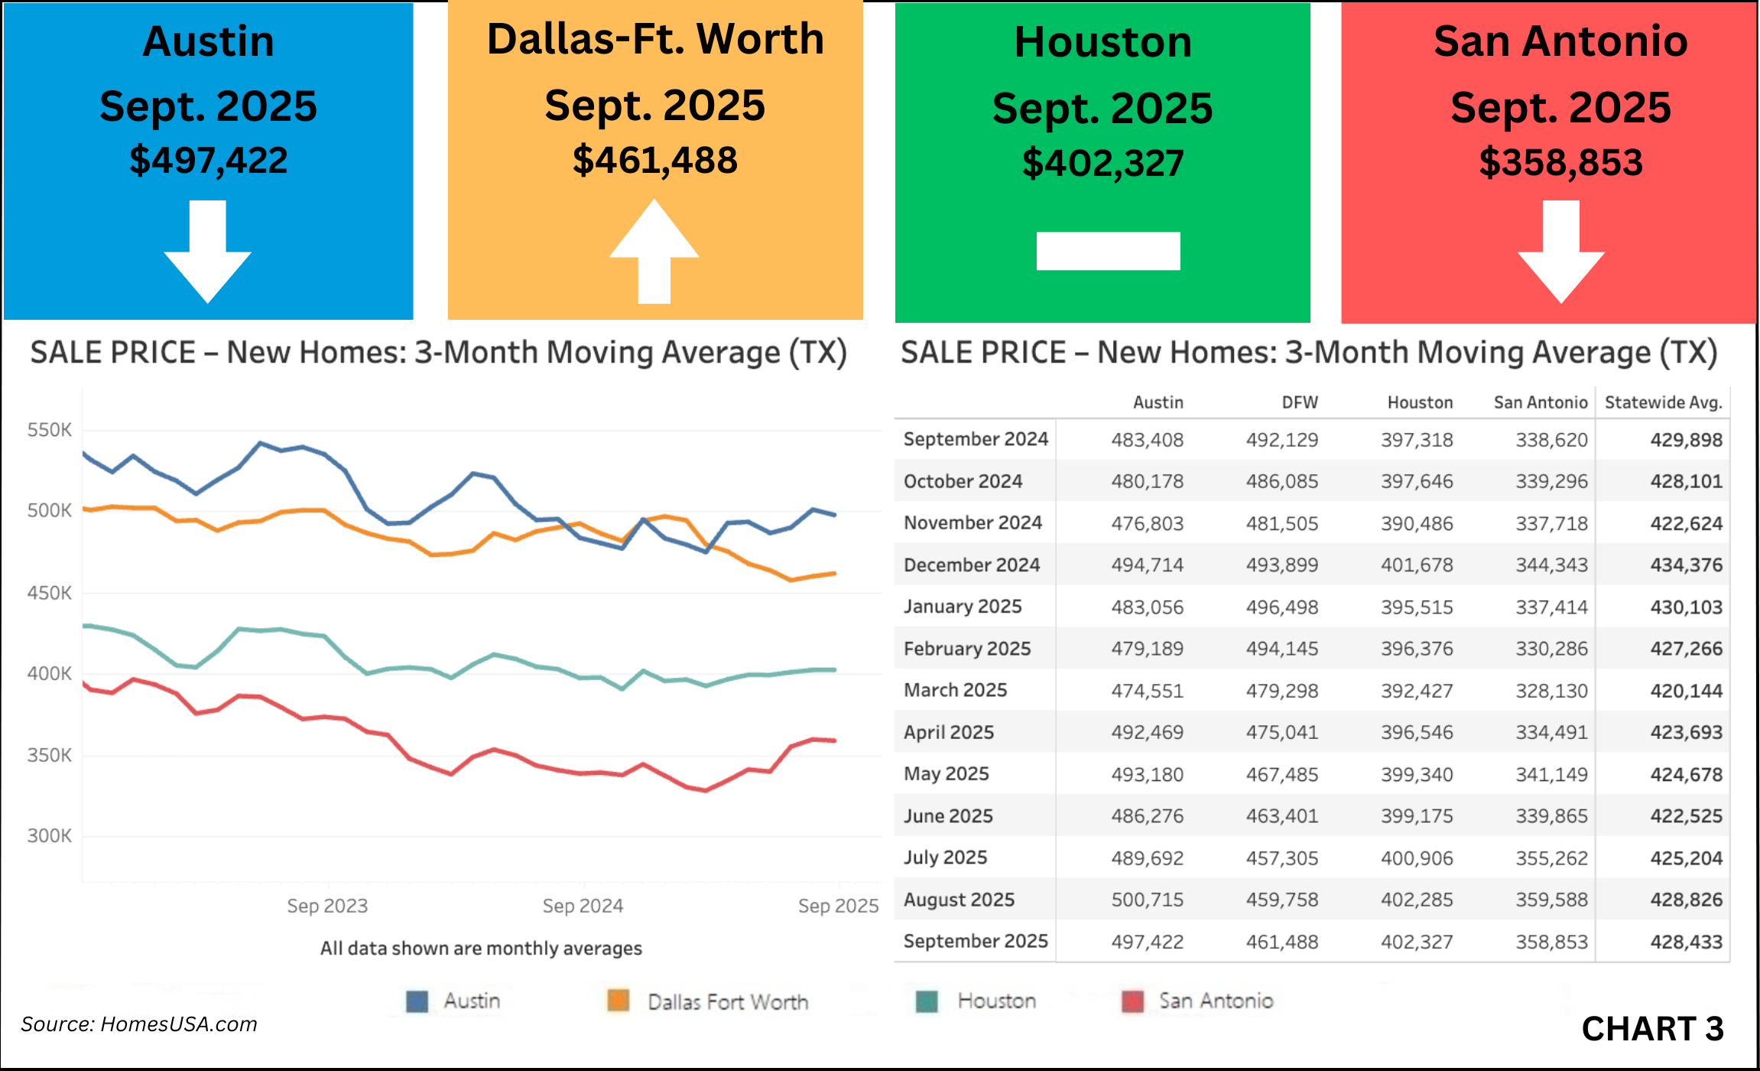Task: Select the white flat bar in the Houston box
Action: pos(1108,251)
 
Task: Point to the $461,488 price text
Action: pos(655,161)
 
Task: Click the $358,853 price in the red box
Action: pos(1560,163)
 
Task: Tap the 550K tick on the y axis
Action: pos(50,430)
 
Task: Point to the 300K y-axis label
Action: pos(50,836)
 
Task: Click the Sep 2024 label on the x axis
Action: pos(583,906)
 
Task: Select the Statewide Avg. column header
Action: pos(1663,402)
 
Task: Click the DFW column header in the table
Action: pos(1300,402)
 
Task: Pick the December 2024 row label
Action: pos(972,565)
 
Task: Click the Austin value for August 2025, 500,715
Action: pos(1147,900)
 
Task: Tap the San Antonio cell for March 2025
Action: pos(1551,691)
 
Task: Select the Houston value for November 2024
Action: pos(1417,523)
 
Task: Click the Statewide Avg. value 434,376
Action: pos(1686,565)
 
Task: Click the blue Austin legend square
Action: pos(417,1001)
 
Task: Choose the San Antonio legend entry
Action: pos(1215,1001)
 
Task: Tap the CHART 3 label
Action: pos(1652,1029)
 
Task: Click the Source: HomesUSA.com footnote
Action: pos(139,1024)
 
